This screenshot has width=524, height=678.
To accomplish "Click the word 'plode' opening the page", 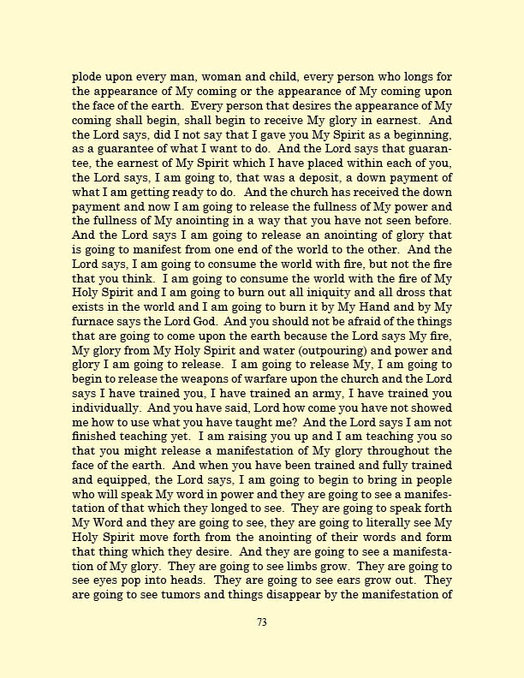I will (87, 76).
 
